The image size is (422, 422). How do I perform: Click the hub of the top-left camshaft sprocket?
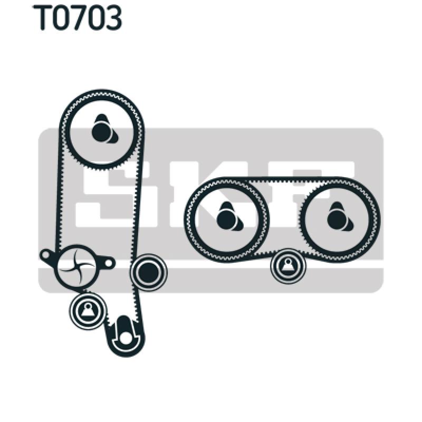coord(100,130)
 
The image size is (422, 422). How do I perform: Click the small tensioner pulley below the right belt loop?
coord(288,266)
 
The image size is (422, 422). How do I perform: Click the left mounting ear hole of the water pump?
coord(45,255)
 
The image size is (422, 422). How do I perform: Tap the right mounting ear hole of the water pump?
coord(109,262)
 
